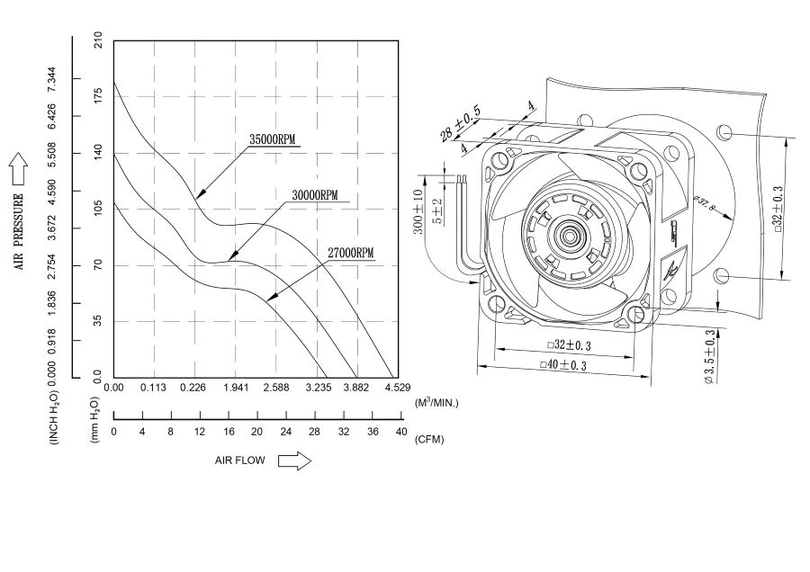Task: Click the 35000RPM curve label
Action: (x=273, y=139)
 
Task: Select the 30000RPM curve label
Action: (x=314, y=195)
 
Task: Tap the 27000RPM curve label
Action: (x=349, y=254)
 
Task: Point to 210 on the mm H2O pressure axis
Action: (x=97, y=41)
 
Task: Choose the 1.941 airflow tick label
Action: (x=236, y=388)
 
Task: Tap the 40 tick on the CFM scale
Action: (x=400, y=432)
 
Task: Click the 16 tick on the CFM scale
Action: (x=228, y=432)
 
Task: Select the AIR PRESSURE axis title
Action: (x=18, y=231)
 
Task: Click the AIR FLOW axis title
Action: (x=240, y=461)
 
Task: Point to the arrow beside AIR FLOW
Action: (x=294, y=461)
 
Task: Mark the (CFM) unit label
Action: (x=429, y=440)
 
